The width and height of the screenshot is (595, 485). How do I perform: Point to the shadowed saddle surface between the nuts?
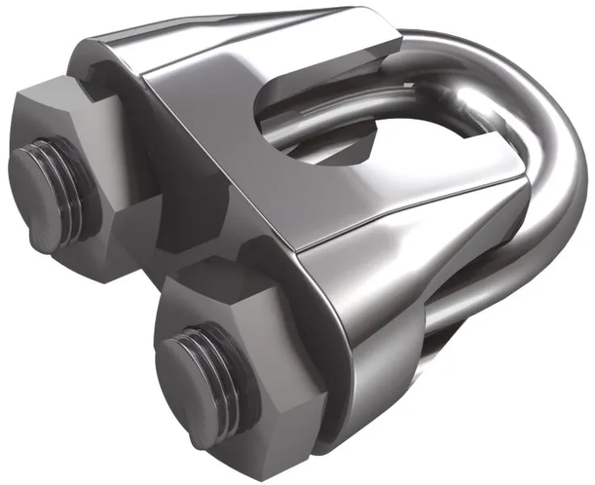coord(186,226)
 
